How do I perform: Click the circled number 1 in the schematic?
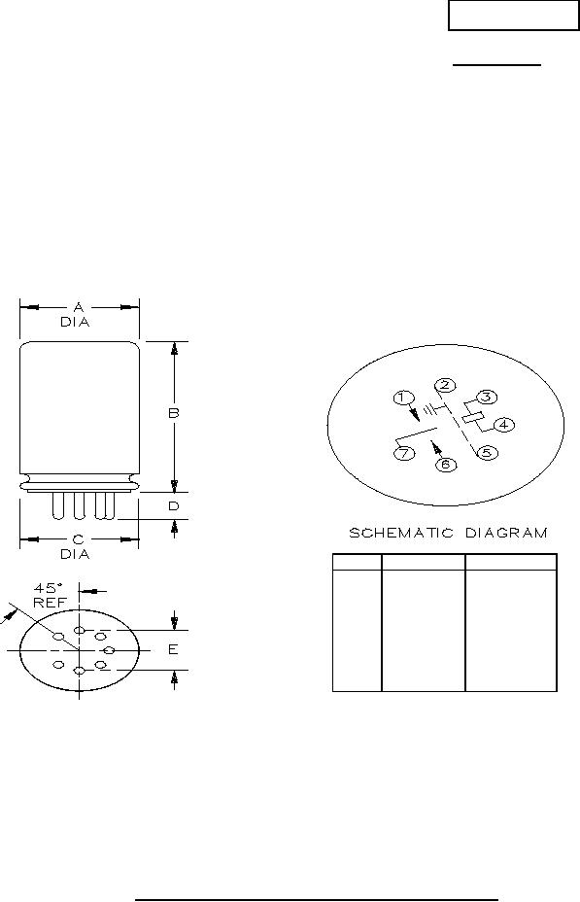click(x=403, y=398)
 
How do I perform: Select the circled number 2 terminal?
click(x=444, y=386)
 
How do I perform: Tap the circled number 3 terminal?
click(x=487, y=397)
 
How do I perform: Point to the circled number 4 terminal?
click(x=504, y=425)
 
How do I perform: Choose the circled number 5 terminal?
click(x=487, y=452)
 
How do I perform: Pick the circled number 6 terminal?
click(x=446, y=465)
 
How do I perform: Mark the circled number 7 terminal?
click(x=403, y=453)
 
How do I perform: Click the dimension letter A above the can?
click(x=79, y=308)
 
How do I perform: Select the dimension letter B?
click(x=174, y=413)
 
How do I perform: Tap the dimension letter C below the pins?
click(x=78, y=539)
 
